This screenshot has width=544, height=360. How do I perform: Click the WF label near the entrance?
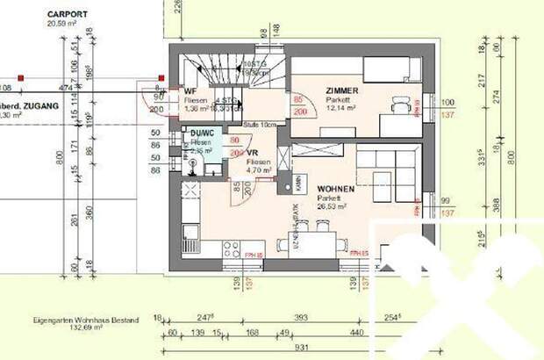click(189, 91)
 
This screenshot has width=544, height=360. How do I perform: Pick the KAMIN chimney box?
click(298, 183)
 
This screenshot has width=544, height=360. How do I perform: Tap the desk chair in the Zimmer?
click(401, 108)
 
